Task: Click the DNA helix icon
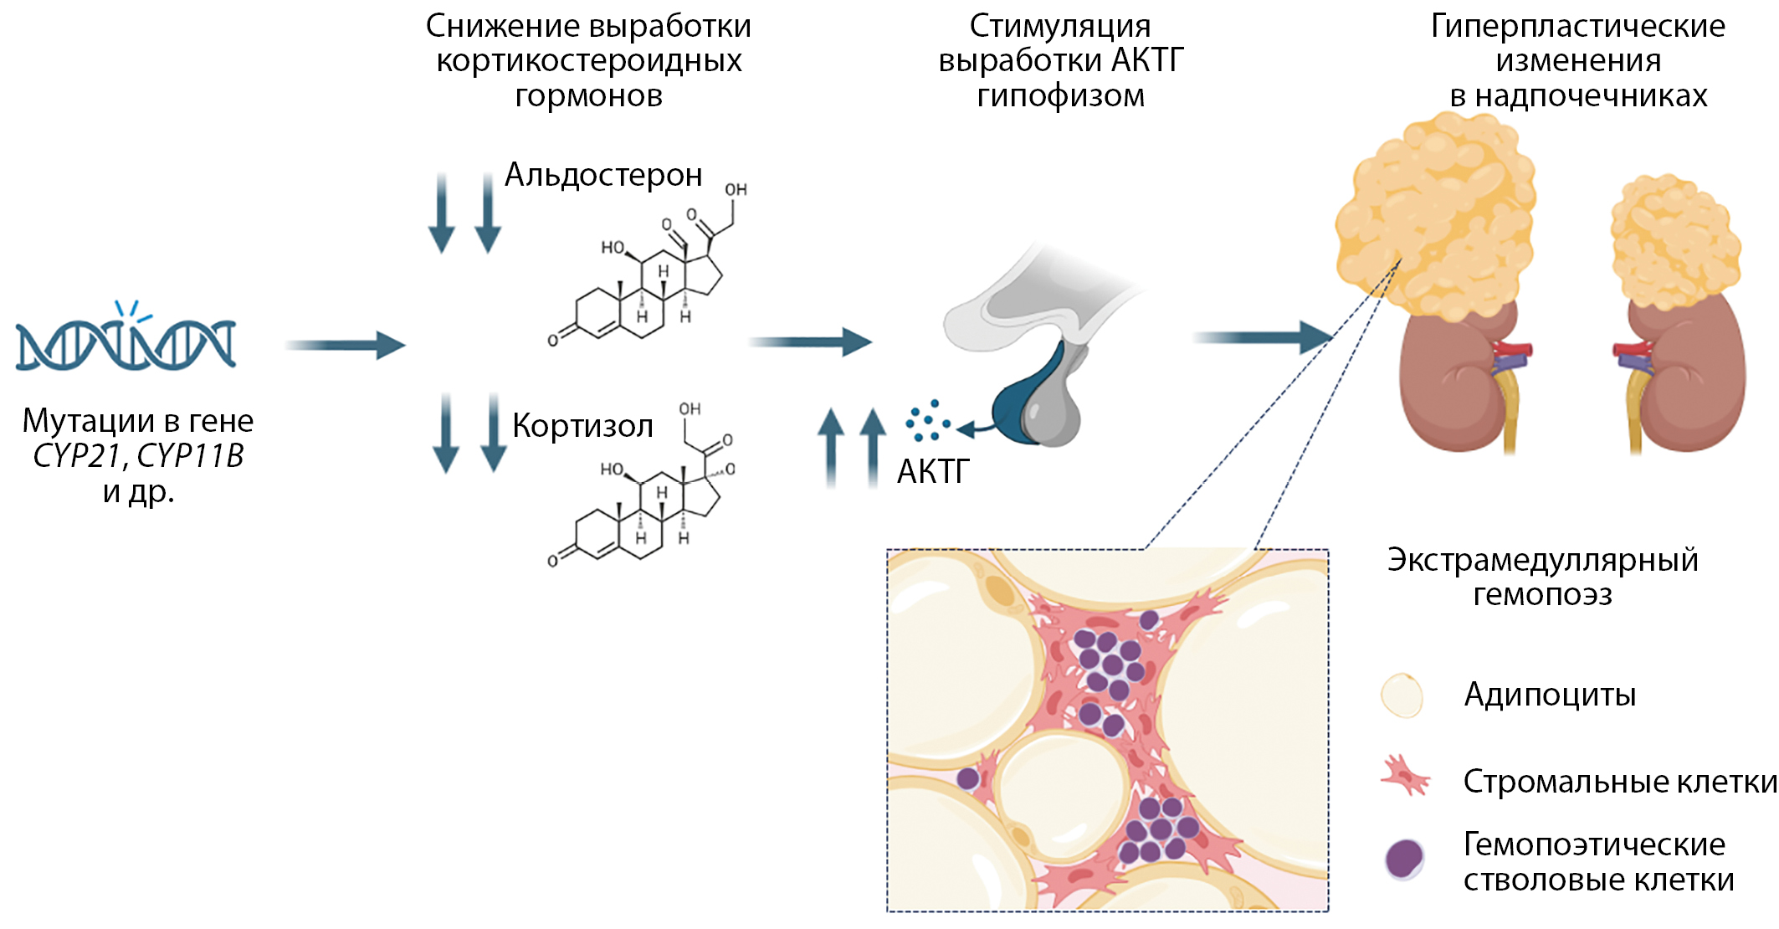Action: click(x=126, y=343)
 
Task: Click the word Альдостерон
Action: click(x=603, y=175)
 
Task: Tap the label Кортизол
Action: click(x=582, y=426)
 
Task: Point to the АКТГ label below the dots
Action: click(x=933, y=472)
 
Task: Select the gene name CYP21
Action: click(x=78, y=456)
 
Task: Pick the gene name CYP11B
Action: click(x=190, y=456)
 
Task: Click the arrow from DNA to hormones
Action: click(x=345, y=345)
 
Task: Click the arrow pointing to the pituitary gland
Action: click(x=810, y=341)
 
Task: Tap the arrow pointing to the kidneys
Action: click(x=1262, y=337)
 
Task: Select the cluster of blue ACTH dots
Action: click(x=927, y=421)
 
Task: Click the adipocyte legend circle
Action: click(x=1402, y=695)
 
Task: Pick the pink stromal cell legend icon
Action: click(x=1405, y=776)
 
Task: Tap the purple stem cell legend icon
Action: click(x=1404, y=859)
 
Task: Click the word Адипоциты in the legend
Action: click(x=1550, y=695)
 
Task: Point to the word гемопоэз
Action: click(x=1542, y=595)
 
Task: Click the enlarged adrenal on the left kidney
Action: click(x=1434, y=213)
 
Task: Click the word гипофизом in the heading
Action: click(x=1060, y=95)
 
